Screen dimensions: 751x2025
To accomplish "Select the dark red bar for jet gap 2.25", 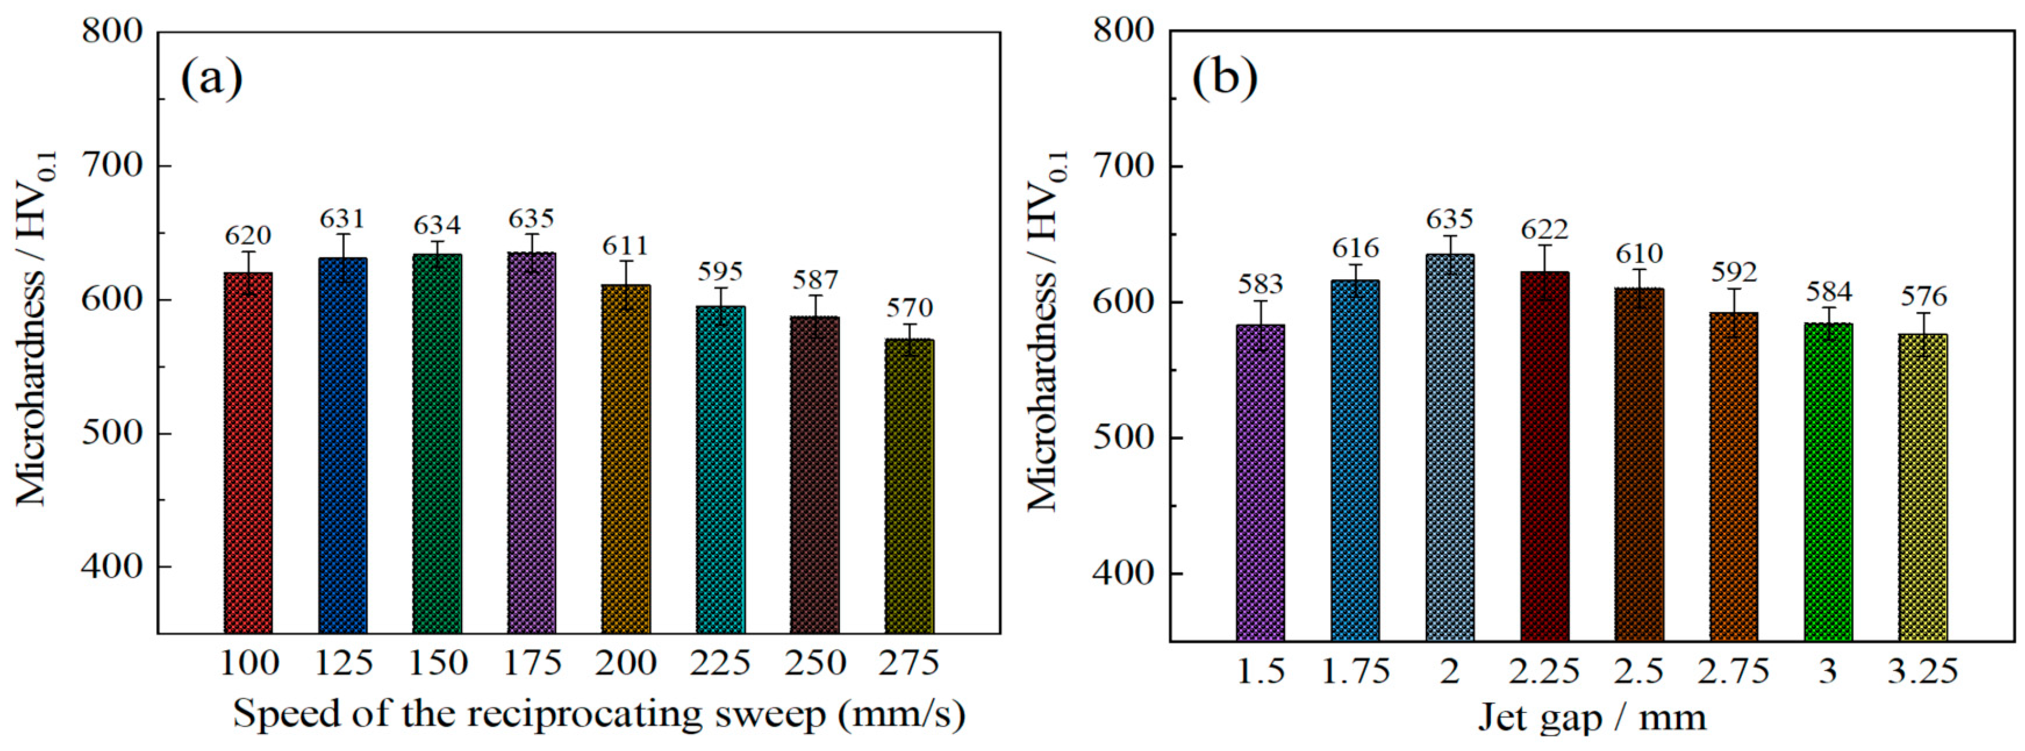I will point(1545,456).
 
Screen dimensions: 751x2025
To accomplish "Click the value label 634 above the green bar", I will point(437,226).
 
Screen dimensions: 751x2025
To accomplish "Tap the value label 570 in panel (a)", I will point(910,307).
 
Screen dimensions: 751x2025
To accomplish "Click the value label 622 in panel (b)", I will point(1545,230).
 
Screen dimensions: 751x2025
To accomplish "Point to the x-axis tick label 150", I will point(438,663).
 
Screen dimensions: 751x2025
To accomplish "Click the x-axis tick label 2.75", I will point(1733,671).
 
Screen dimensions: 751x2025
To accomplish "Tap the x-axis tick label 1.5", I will point(1261,671).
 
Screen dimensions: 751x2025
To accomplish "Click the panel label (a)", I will point(211,79).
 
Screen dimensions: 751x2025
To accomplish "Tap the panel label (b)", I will point(1225,79).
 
